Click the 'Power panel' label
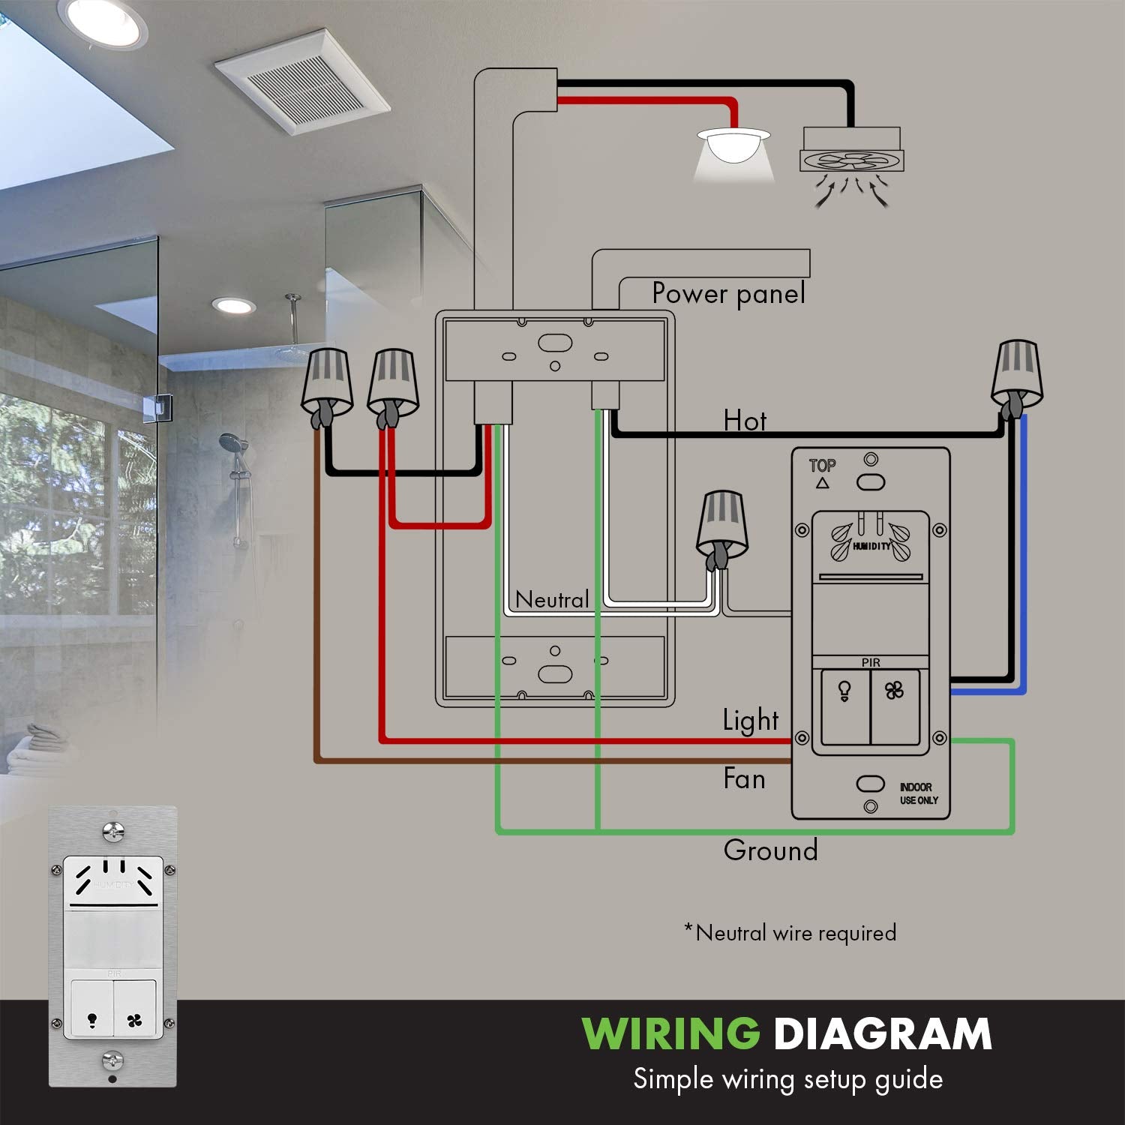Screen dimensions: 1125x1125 click(x=729, y=293)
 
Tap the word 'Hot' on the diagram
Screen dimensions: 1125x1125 click(x=745, y=421)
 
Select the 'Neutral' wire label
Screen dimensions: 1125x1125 click(x=552, y=599)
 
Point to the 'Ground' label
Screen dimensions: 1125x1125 click(x=770, y=850)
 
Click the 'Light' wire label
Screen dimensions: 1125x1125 click(x=751, y=720)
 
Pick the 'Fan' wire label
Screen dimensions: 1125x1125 click(x=744, y=778)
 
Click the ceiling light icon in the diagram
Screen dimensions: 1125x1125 click(x=733, y=154)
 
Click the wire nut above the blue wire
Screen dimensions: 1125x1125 click(x=1017, y=379)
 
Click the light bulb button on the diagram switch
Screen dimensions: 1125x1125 click(x=845, y=707)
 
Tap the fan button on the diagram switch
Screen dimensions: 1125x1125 click(x=895, y=707)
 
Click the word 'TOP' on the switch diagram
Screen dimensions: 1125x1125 click(x=822, y=466)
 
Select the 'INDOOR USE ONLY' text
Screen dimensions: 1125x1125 click(x=919, y=793)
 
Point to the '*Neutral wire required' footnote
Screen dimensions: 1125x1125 click(x=790, y=933)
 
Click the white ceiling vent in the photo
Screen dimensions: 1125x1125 click(x=301, y=83)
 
